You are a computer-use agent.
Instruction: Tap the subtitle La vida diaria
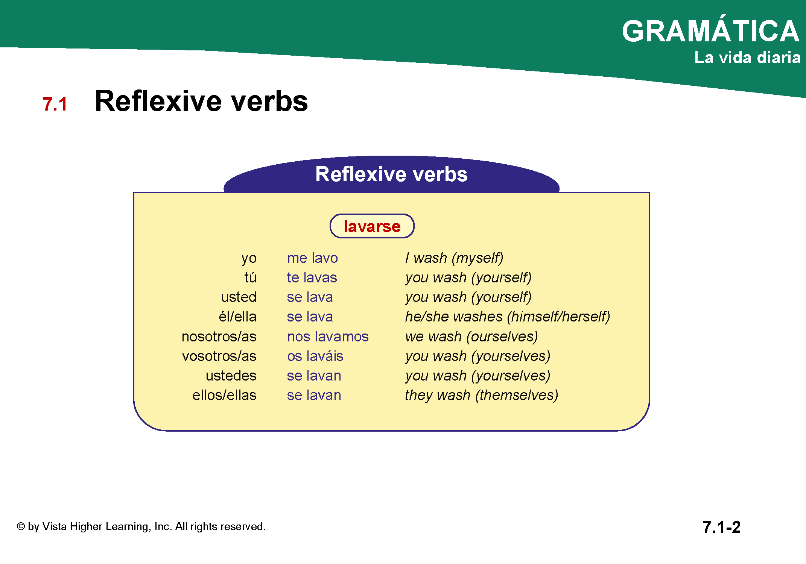pos(747,58)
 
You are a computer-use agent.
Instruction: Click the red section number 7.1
pos(55,104)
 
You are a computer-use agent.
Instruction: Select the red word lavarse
pos(372,226)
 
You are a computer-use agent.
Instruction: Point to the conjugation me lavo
pos(312,258)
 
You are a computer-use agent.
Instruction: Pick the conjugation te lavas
pos(312,277)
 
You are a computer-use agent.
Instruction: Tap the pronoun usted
pos(239,297)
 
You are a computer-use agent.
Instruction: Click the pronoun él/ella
pos(238,317)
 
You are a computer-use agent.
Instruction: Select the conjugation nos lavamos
pos(328,337)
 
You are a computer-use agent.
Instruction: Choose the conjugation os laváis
pos(315,356)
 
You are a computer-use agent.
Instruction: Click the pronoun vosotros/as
pos(219,356)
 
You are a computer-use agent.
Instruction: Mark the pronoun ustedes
pos(231,376)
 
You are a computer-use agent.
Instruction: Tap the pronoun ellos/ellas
pos(225,395)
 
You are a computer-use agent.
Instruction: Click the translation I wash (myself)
pos(454,258)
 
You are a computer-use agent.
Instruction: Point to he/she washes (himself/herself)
pos(508,317)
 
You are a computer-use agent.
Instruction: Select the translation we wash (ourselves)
pos(471,337)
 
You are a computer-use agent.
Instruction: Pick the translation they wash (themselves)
pos(482,396)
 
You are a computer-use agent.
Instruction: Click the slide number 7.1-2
pos(722,527)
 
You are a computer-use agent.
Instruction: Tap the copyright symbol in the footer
pos(21,526)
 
